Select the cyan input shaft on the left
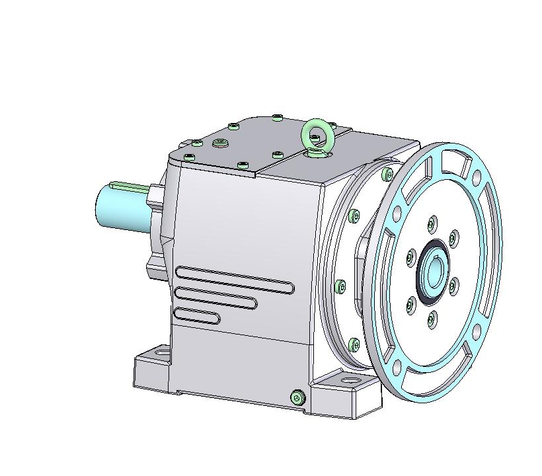tap(119, 208)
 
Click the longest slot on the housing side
tap(235, 278)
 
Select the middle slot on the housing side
tap(215, 297)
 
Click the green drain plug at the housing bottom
tap(297, 397)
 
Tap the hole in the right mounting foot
tap(348, 381)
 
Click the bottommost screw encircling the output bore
tap(431, 321)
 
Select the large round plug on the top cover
tap(220, 143)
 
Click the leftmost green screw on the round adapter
tap(340, 286)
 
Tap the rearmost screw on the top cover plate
tap(277, 118)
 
